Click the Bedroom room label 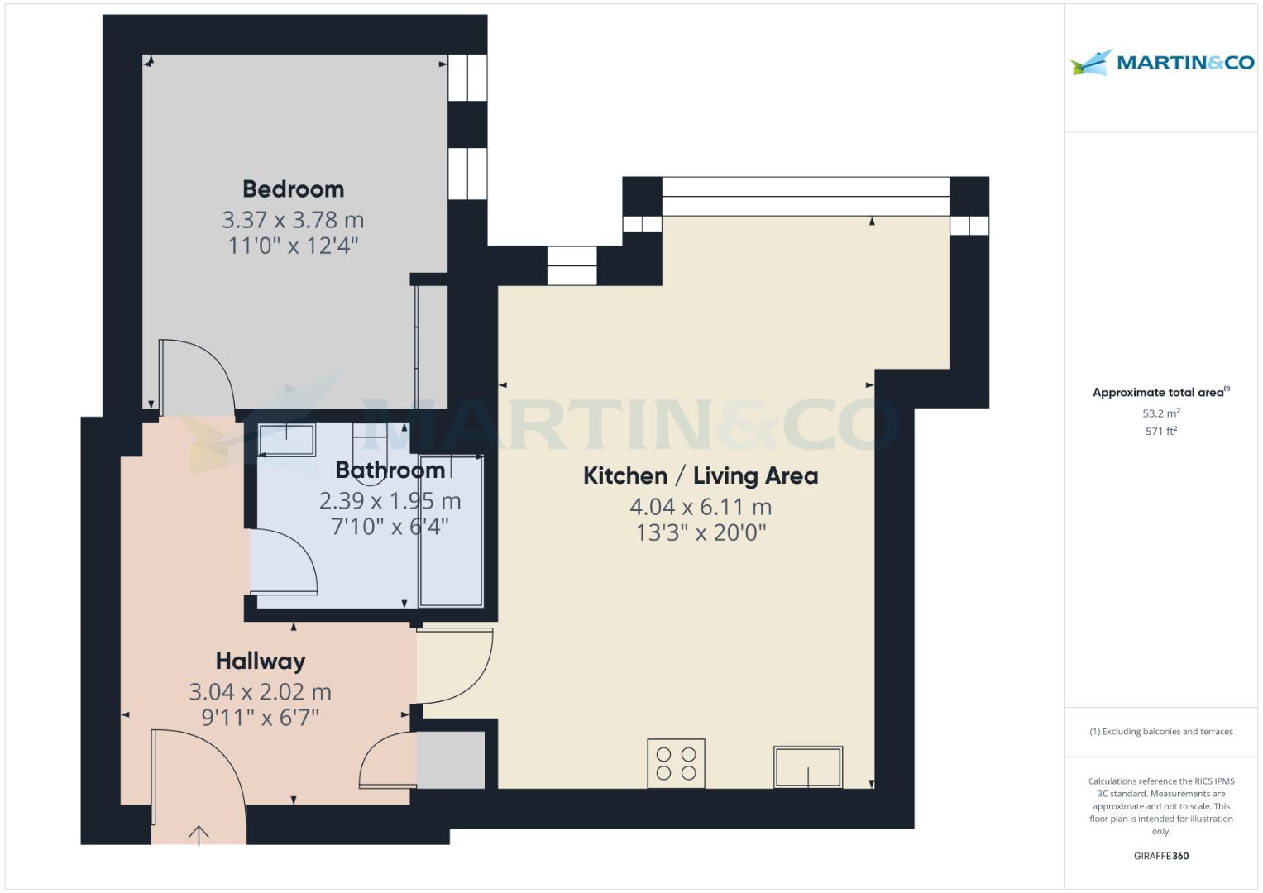click(293, 189)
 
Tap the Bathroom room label click(390, 470)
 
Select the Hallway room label click(261, 661)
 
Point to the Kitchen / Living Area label click(701, 475)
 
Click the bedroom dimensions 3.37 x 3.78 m click(293, 220)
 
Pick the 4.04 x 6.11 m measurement click(701, 507)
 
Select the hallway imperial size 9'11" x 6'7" click(261, 718)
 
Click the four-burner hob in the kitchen click(676, 763)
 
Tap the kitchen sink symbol click(808, 766)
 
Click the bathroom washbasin click(286, 440)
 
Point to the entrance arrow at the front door click(199, 835)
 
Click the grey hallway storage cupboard click(451, 760)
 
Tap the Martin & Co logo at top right click(1161, 62)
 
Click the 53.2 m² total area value click(1161, 413)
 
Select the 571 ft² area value click(1161, 432)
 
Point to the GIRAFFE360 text click(1161, 856)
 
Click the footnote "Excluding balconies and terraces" click(1167, 732)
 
